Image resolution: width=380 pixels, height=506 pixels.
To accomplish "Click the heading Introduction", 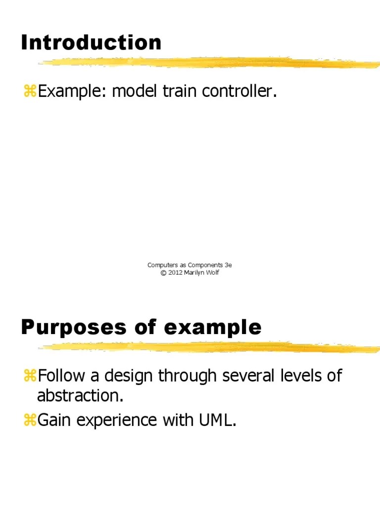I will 91,42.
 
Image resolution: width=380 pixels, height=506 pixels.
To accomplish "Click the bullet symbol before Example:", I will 29,91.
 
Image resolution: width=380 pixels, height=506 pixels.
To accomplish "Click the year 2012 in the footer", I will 176,273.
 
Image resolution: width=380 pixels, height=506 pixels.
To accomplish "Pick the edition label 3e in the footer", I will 228,265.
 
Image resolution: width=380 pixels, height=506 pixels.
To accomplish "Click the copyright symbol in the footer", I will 163,273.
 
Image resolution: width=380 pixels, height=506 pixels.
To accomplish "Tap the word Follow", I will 62,376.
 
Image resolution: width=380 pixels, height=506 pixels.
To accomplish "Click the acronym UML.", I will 216,420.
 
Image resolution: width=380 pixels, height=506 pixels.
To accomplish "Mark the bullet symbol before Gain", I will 29,420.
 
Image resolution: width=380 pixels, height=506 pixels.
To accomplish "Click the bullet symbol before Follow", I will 29,376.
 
